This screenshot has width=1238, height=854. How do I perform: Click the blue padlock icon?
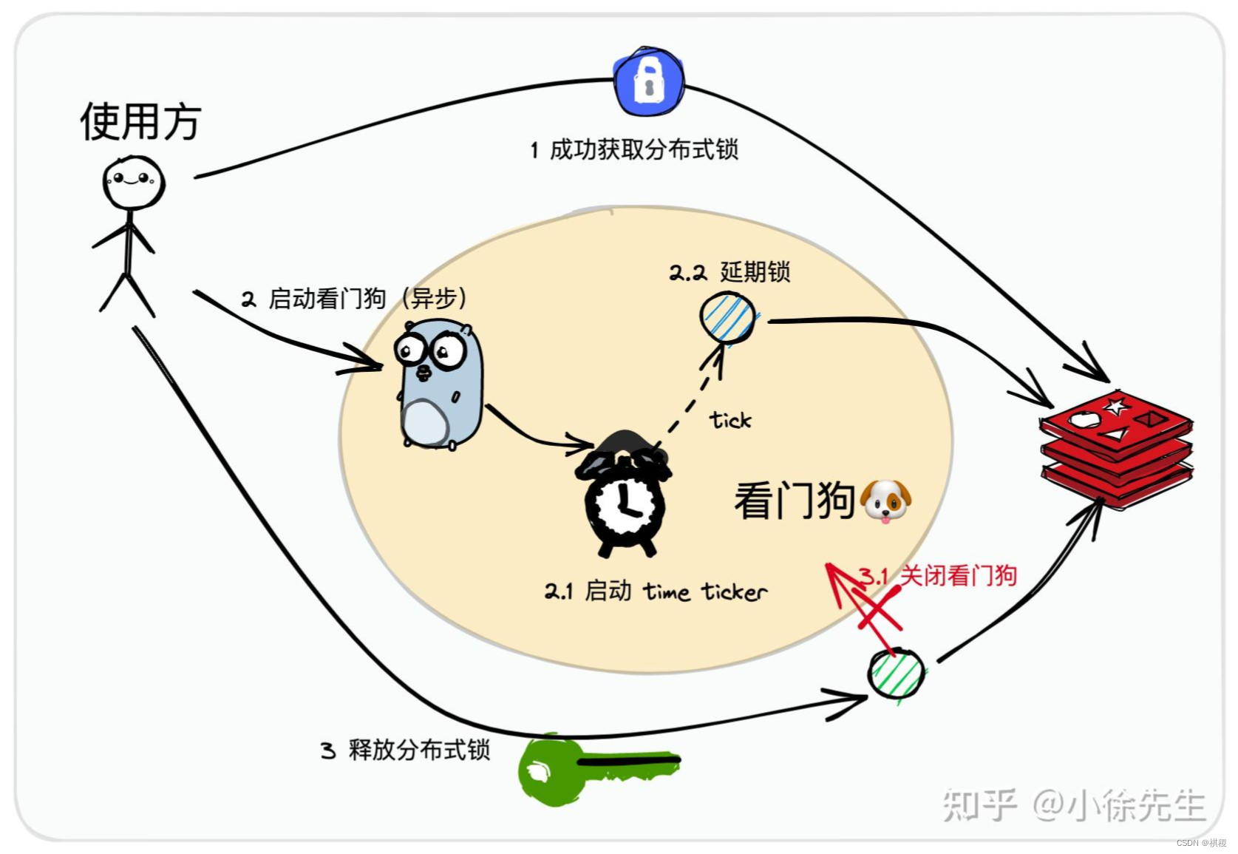click(649, 82)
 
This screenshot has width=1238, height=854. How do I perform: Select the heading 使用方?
click(140, 122)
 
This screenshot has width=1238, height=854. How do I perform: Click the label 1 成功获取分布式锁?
click(634, 150)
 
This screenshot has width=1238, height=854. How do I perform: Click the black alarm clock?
click(625, 495)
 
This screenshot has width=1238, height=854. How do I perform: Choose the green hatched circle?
click(896, 674)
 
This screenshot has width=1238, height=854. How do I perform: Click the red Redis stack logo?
click(1116, 447)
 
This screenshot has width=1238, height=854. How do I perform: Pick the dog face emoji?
click(885, 501)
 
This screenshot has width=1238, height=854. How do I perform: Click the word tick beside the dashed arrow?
click(730, 420)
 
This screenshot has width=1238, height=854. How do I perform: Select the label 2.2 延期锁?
click(729, 272)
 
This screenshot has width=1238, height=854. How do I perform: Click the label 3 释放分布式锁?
click(406, 750)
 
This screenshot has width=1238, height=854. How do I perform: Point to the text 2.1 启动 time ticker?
click(656, 592)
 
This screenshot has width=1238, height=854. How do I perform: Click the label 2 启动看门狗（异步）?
click(355, 299)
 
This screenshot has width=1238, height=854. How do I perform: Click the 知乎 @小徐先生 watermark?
click(1073, 804)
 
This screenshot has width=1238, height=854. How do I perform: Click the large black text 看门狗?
click(795, 501)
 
